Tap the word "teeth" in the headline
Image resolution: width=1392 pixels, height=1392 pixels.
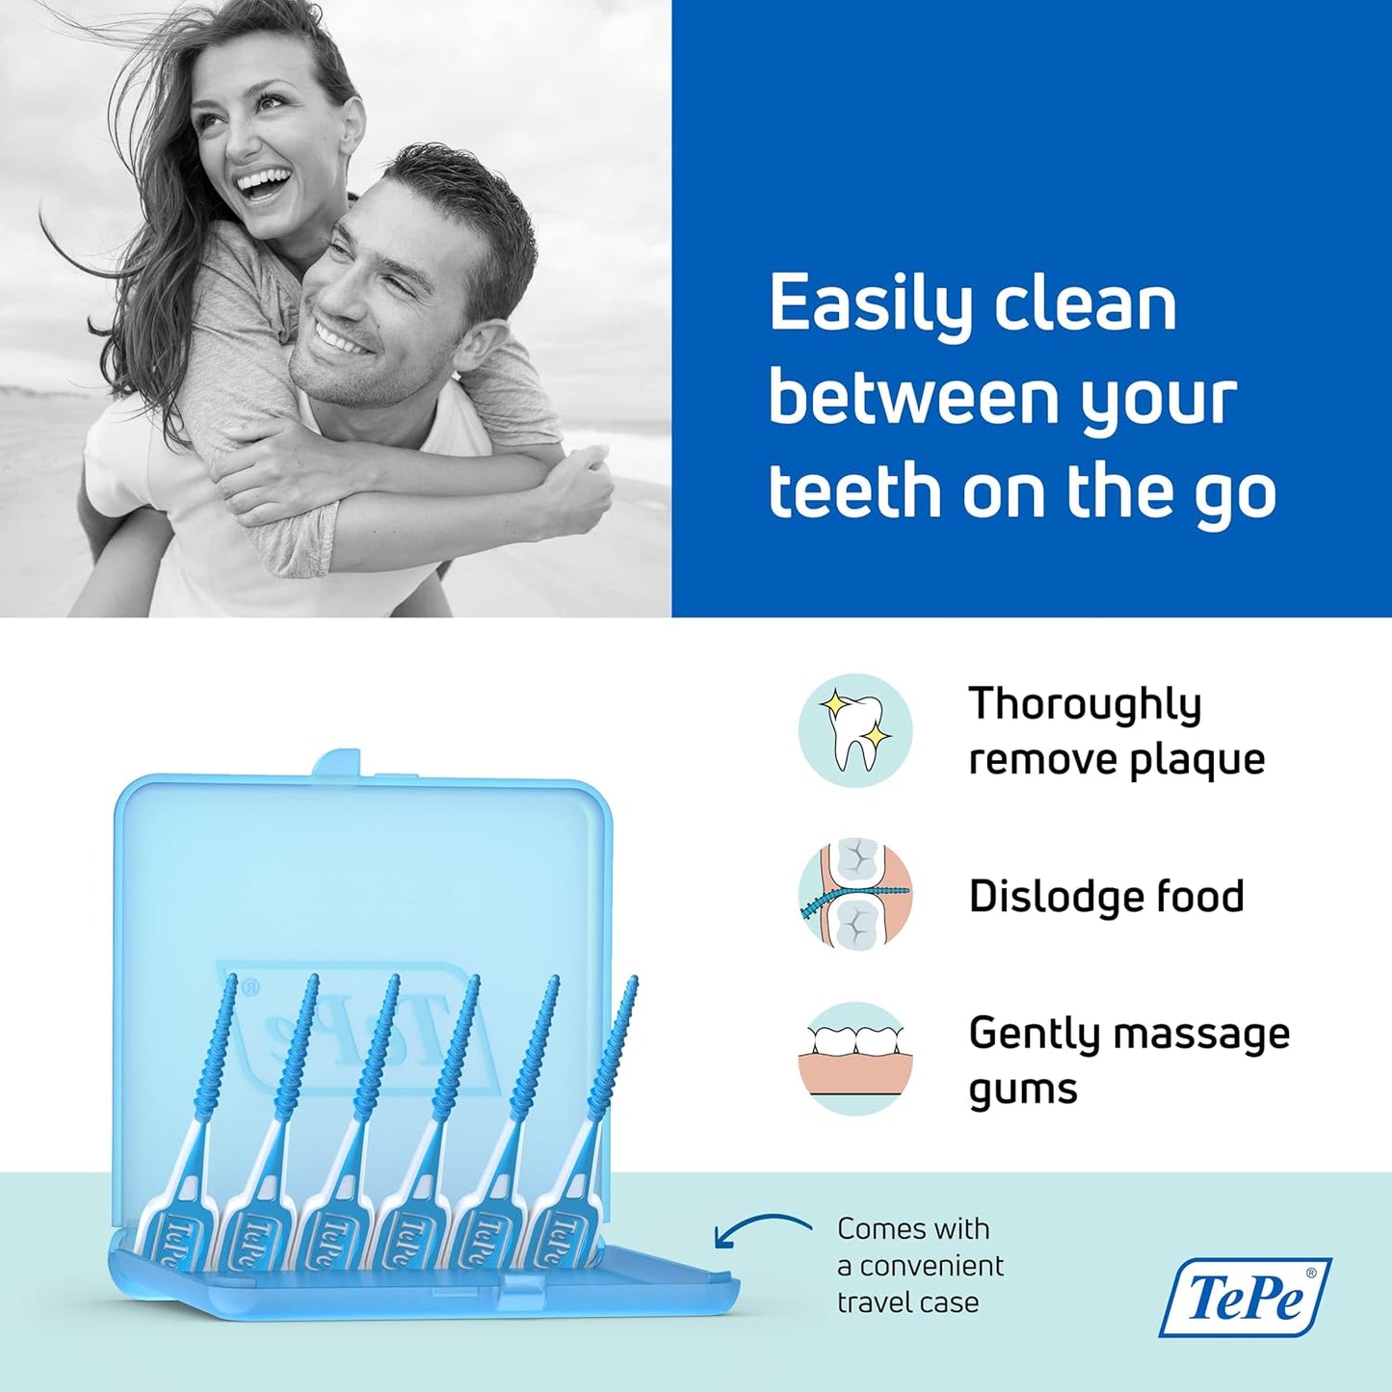click(x=853, y=490)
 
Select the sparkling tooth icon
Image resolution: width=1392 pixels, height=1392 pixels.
click(x=854, y=730)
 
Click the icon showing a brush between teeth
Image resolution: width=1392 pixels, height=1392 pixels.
click(x=854, y=895)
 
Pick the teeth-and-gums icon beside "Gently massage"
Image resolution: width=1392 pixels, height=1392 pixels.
click(x=854, y=1059)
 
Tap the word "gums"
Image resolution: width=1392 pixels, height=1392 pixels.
click(x=1022, y=1090)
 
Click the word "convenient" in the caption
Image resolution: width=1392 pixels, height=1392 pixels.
click(x=931, y=1266)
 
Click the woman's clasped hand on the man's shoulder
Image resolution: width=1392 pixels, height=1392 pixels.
click(x=578, y=491)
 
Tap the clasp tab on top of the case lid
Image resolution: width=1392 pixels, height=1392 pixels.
click(x=336, y=763)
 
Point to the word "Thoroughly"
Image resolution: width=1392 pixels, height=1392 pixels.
click(x=1084, y=704)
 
